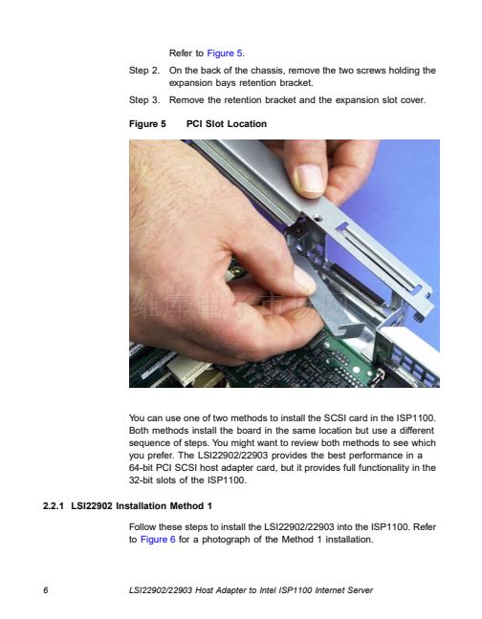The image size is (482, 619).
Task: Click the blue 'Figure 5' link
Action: (x=225, y=53)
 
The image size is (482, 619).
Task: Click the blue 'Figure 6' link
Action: (x=158, y=540)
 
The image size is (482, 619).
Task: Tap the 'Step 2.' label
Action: (x=144, y=71)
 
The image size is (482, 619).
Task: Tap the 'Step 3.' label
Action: (x=144, y=100)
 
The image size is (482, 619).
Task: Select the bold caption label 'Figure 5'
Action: (x=147, y=124)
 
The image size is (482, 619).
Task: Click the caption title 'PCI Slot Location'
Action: (x=227, y=124)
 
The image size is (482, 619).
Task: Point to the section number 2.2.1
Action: (x=54, y=506)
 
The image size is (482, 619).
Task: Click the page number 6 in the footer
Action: (x=46, y=590)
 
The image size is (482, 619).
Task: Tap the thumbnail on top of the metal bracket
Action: (x=311, y=181)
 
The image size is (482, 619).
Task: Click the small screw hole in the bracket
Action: (x=316, y=218)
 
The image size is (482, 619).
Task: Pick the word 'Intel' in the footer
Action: (x=268, y=590)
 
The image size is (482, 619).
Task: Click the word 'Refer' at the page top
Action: (x=181, y=53)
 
